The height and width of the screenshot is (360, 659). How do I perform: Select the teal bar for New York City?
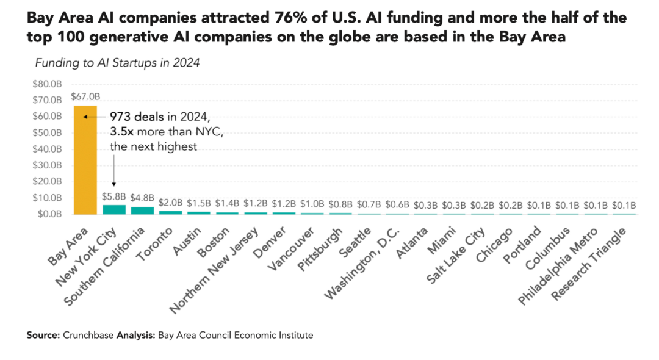113,209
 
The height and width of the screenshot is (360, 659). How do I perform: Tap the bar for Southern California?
142,211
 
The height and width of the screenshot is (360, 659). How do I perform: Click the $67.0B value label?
85,96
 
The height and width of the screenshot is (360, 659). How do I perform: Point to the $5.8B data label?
113,196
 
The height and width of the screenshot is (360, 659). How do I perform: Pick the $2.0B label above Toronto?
170,203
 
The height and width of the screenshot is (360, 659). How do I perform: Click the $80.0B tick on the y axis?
48,84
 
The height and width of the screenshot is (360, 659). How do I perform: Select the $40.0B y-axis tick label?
48,149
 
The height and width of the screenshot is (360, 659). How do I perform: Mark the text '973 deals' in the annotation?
137,117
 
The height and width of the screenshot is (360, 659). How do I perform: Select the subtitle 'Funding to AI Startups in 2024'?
118,63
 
